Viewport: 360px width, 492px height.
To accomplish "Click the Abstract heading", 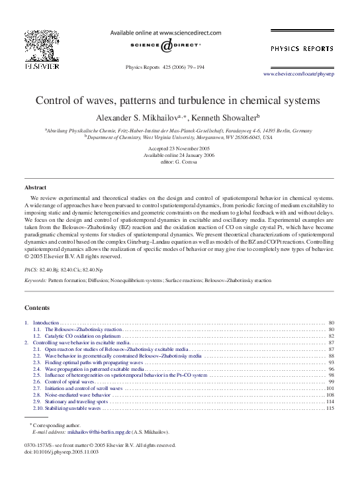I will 35,188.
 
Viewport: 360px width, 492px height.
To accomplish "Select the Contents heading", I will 37,309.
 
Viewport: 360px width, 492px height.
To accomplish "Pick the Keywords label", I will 35,281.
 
